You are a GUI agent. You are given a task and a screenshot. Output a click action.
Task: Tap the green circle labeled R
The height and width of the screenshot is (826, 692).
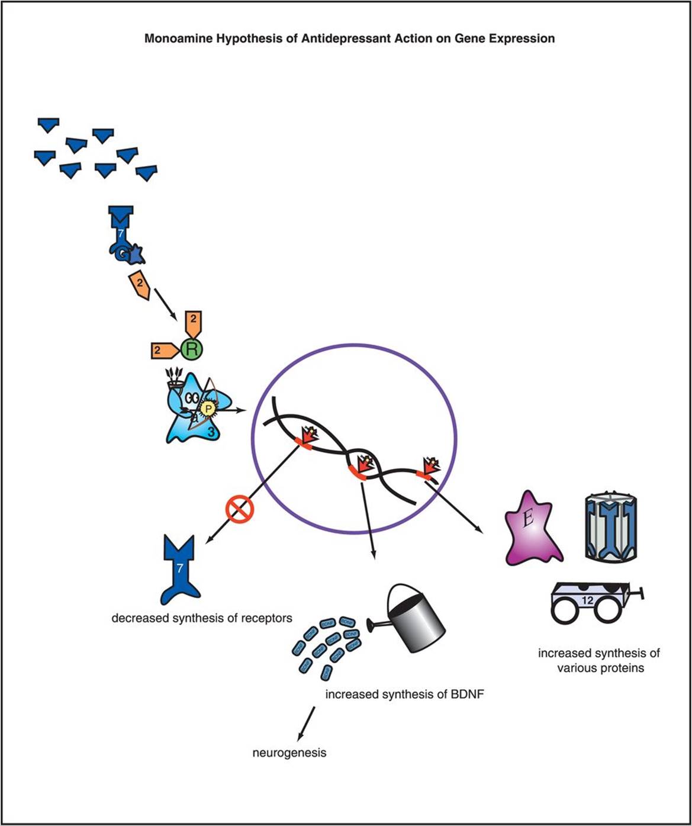(191, 349)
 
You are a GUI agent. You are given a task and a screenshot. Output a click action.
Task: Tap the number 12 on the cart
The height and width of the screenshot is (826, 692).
(587, 600)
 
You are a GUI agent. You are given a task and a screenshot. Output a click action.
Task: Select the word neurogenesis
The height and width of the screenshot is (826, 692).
(289, 753)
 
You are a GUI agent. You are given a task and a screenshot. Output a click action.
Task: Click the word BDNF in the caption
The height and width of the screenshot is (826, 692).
(468, 694)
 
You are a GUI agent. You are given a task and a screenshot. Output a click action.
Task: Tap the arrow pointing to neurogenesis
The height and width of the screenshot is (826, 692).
(305, 723)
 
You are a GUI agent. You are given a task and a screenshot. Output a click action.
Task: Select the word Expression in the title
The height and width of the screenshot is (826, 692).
(523, 39)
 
